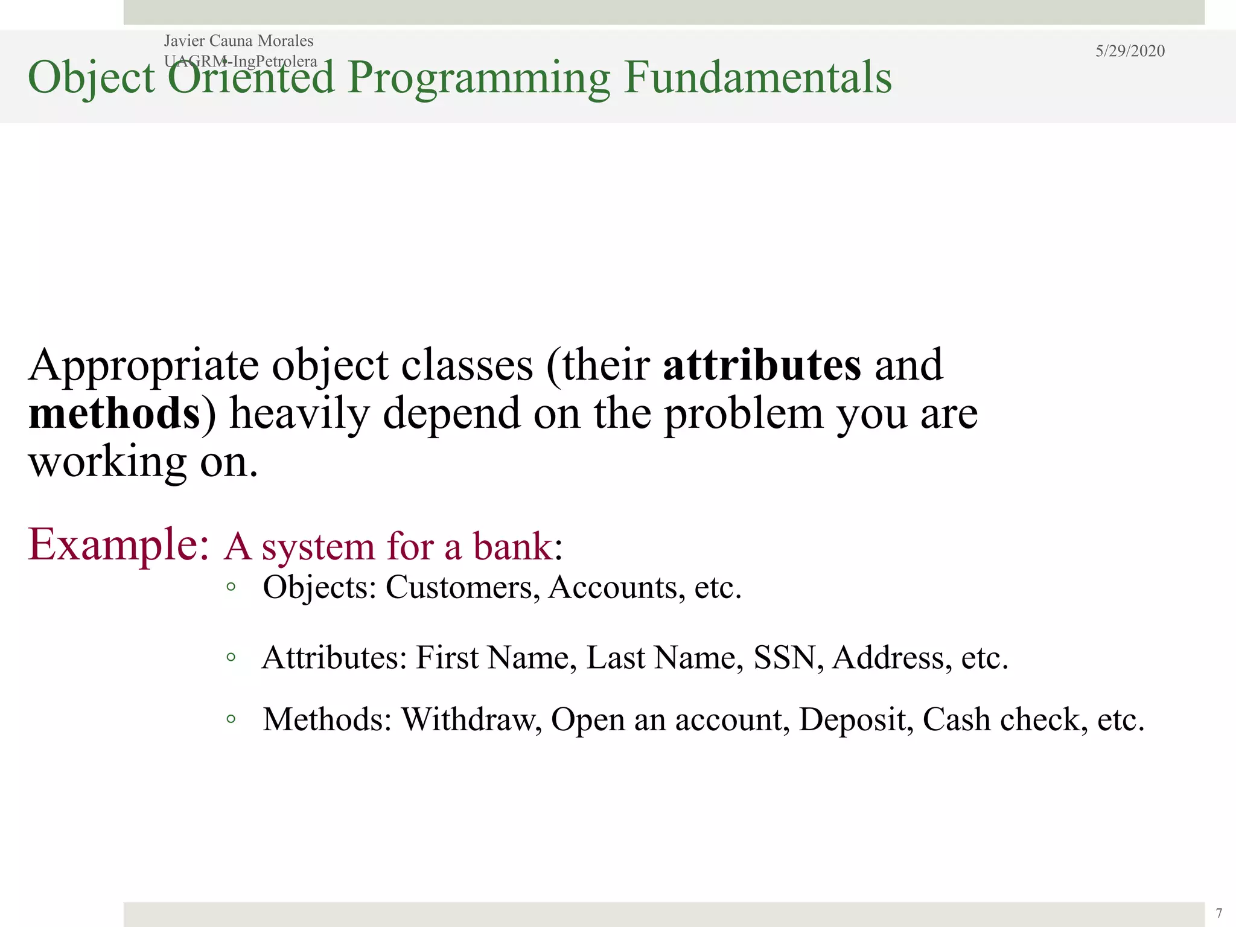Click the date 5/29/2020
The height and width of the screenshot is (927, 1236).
pos(1130,51)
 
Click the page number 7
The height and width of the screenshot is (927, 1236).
pos(1218,913)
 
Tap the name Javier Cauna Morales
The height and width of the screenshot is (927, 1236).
pos(238,40)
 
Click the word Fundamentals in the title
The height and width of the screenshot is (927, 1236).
pos(757,77)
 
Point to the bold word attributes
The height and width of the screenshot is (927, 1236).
pos(762,365)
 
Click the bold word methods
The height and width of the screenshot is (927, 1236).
pos(114,414)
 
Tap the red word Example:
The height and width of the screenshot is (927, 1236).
pos(119,544)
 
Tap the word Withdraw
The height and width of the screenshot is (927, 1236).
pos(471,719)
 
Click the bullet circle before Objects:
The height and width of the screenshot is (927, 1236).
pos(231,587)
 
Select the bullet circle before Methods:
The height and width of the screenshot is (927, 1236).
pos(231,719)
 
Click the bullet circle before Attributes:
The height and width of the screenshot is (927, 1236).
pos(231,657)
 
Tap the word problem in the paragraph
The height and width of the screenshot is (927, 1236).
pos(744,415)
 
